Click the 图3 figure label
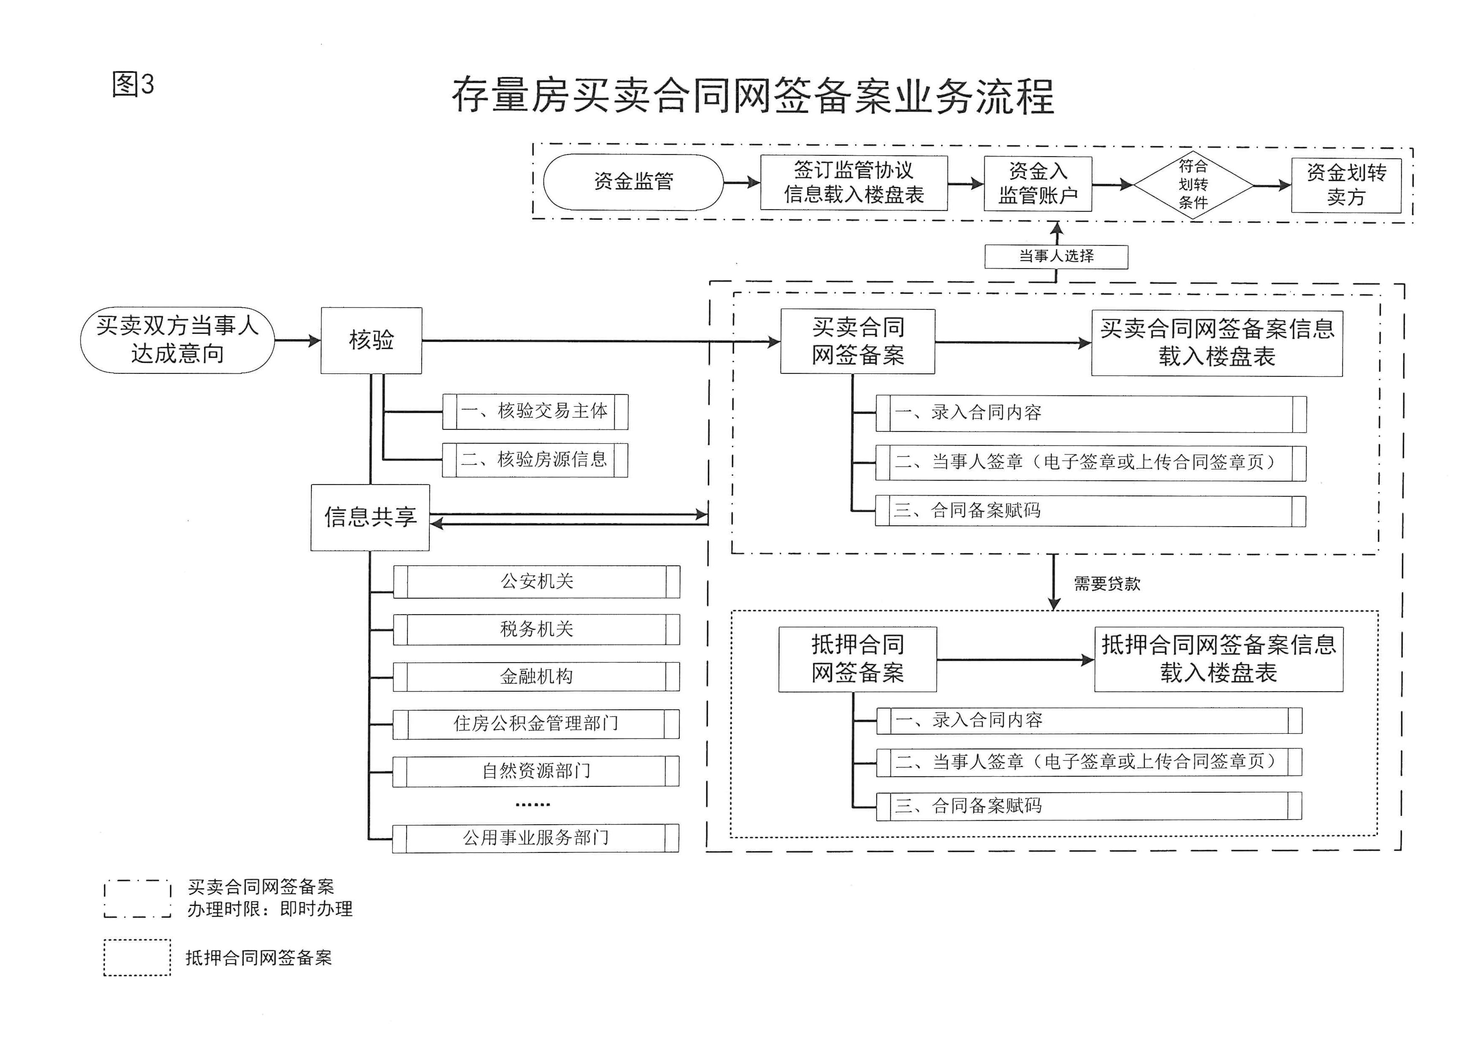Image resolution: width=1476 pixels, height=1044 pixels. [x=133, y=84]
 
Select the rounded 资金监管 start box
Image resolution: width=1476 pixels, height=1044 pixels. [x=633, y=182]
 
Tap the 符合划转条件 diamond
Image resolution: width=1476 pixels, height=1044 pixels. [x=1193, y=184]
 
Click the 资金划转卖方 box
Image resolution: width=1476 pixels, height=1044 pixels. [x=1346, y=185]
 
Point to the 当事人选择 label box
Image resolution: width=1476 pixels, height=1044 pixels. [x=1056, y=256]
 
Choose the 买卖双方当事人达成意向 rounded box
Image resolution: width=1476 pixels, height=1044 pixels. [x=178, y=340]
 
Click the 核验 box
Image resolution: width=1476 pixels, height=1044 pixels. [x=372, y=340]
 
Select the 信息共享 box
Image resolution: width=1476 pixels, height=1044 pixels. [x=370, y=517]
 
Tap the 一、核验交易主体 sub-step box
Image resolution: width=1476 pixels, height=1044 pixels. [x=535, y=411]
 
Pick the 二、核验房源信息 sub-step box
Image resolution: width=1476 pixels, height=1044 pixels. [x=535, y=460]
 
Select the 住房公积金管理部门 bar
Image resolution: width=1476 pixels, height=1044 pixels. [x=536, y=724]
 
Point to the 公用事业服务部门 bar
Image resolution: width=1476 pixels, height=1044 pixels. [x=535, y=838]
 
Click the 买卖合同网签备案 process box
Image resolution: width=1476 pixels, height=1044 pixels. [x=858, y=341]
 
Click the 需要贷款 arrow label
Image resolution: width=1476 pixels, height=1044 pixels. [x=1107, y=584]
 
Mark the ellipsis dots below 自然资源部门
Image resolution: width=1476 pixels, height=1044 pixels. [x=533, y=804]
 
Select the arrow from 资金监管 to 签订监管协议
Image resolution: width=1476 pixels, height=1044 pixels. [x=742, y=183]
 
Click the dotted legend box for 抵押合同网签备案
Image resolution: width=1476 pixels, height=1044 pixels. [x=137, y=958]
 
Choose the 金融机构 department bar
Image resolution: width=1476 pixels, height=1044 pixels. [x=536, y=677]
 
